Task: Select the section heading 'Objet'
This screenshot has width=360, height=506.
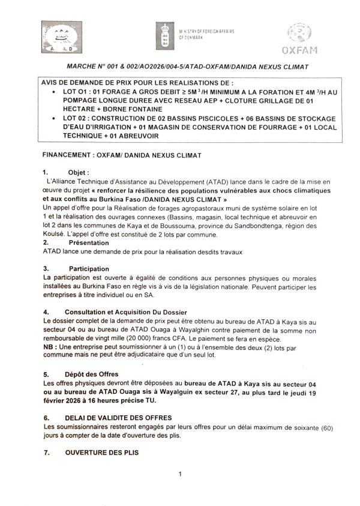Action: click(78, 171)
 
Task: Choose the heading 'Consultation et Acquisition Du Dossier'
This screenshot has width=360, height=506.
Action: click(128, 313)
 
